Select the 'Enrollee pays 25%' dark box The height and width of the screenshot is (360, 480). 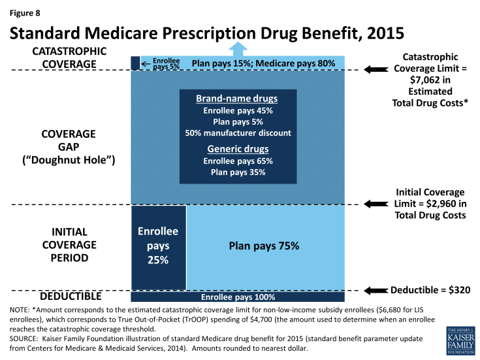pos(159,246)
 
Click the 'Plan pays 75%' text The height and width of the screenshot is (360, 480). pos(263,246)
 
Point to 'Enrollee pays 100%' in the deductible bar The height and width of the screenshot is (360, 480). pos(238,297)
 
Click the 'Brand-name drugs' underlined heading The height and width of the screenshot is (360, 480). pos(236,99)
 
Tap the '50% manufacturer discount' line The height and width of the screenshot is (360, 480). pos(236,133)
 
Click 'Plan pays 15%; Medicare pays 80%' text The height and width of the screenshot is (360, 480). pos(263,63)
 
